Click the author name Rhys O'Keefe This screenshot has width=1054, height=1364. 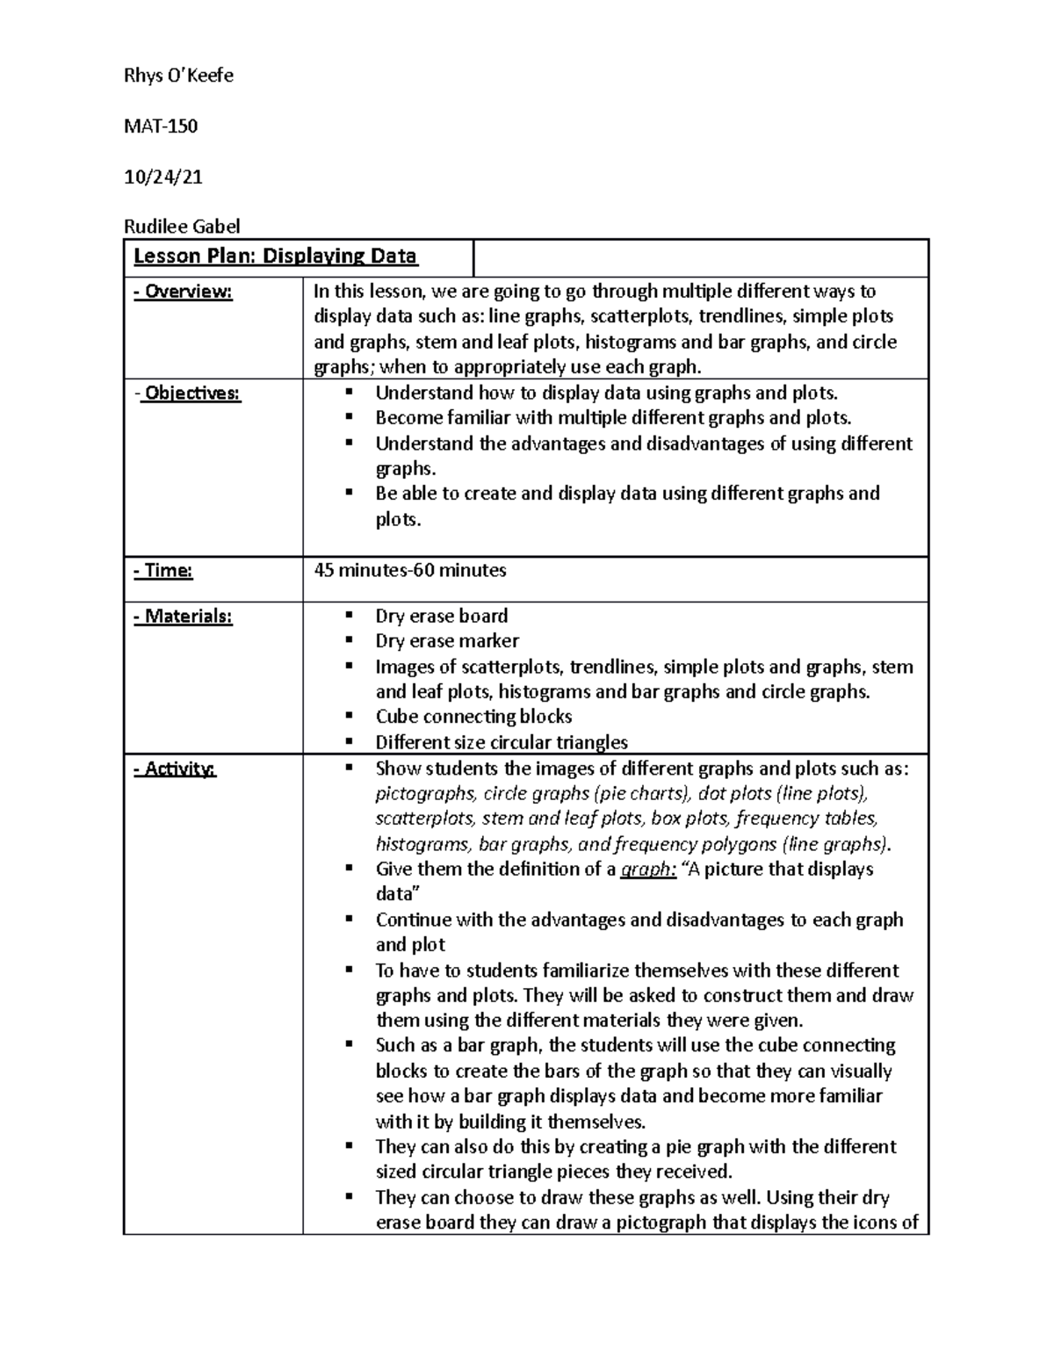click(178, 76)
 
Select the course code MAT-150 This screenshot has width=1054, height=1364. click(161, 126)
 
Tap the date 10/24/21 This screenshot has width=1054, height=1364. click(163, 177)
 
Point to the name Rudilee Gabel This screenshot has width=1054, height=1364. click(182, 227)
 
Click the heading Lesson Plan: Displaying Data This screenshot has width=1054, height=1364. click(275, 256)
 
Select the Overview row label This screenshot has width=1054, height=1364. click(183, 292)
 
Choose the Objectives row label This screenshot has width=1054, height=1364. click(187, 393)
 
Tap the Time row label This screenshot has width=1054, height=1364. click(162, 571)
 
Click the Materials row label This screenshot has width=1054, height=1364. click(183, 617)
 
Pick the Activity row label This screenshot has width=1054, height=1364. click(175, 769)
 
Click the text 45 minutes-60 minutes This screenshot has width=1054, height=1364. click(410, 570)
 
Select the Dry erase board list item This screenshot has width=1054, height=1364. click(442, 616)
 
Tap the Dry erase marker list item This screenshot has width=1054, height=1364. click(447, 641)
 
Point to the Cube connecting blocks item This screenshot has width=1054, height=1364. click(473, 717)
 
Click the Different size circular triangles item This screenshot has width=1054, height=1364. click(502, 742)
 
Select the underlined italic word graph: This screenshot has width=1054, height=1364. click(648, 870)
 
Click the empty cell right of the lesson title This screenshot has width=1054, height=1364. click(700, 258)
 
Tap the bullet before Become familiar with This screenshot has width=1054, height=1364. click(349, 418)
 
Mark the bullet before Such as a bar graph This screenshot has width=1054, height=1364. click(349, 1045)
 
